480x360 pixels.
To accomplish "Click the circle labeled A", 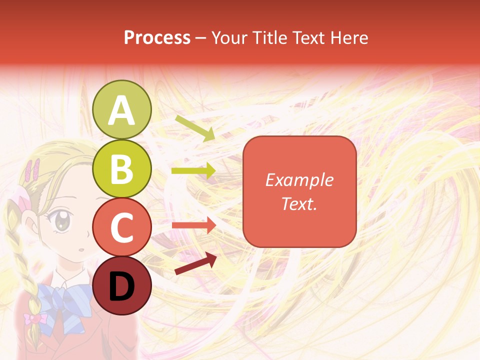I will (122, 109).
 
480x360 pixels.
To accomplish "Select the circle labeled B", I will (122, 168).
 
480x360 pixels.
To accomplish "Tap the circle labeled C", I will (122, 227).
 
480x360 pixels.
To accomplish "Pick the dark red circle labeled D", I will (122, 286).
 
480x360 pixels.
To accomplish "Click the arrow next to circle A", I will (195, 128).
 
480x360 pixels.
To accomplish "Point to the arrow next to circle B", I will (193, 171).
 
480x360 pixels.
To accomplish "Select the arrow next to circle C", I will (193, 225).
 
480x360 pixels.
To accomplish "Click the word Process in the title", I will (157, 37).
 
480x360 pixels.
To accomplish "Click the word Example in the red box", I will (299, 180).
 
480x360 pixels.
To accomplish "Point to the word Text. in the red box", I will (299, 203).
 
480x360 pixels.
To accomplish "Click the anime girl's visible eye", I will (62, 221).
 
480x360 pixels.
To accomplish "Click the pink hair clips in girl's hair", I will (33, 169).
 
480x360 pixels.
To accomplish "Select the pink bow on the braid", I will (34, 318).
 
